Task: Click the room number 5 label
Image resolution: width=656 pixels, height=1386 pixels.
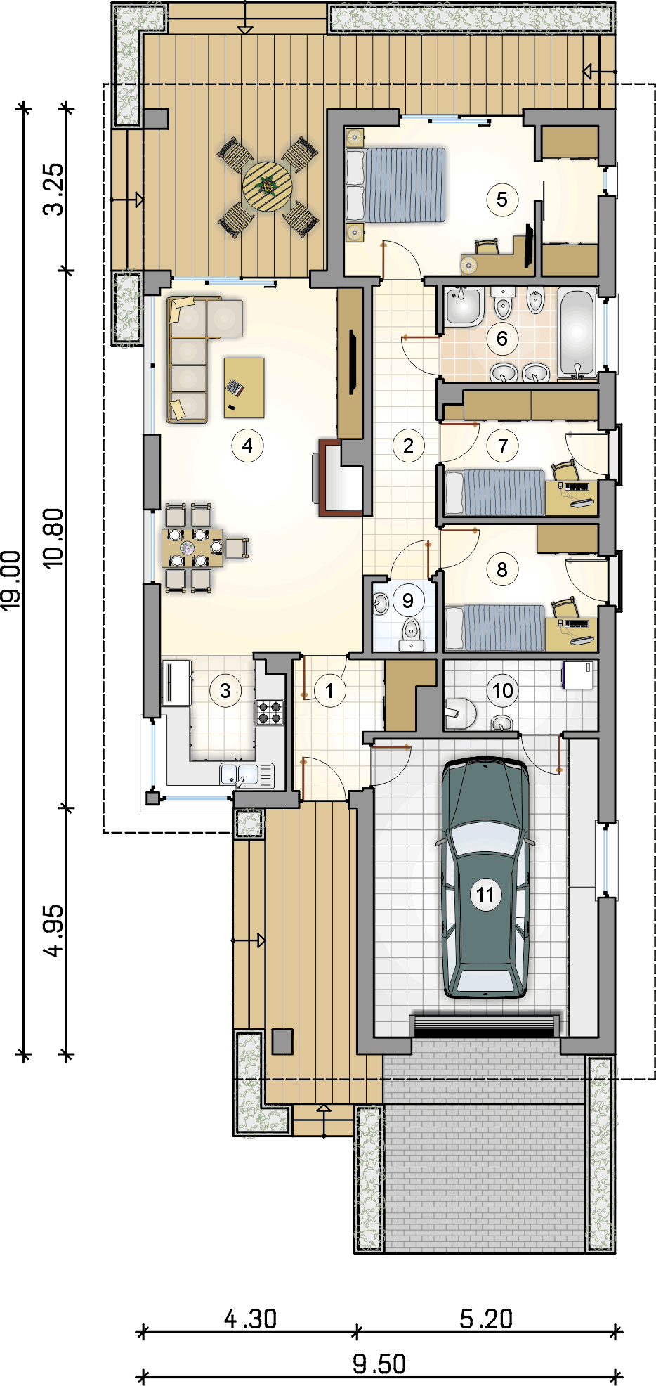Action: click(502, 200)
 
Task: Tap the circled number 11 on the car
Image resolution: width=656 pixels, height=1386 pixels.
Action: click(485, 895)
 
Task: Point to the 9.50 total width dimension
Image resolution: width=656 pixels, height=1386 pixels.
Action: click(379, 1364)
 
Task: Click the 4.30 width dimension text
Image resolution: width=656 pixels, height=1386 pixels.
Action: click(250, 1319)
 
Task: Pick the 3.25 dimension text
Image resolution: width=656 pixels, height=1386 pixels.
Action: click(53, 189)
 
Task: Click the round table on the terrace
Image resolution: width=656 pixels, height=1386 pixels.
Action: click(267, 187)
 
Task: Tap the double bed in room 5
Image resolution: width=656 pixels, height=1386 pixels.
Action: click(396, 185)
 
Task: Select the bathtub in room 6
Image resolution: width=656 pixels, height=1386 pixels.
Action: click(577, 333)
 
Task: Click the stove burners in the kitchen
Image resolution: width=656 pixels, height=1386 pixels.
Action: click(270, 711)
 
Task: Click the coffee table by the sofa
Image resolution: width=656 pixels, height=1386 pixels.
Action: click(244, 388)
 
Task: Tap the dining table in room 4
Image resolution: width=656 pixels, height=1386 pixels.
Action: click(192, 548)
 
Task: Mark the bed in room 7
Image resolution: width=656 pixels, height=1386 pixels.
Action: click(494, 492)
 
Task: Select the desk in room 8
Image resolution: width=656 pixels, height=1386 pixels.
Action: click(572, 635)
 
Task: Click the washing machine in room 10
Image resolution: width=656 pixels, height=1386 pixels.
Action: click(578, 675)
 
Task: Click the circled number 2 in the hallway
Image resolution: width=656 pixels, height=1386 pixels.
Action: click(408, 446)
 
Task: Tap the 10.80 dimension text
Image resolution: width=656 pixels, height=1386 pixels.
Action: click(53, 538)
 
